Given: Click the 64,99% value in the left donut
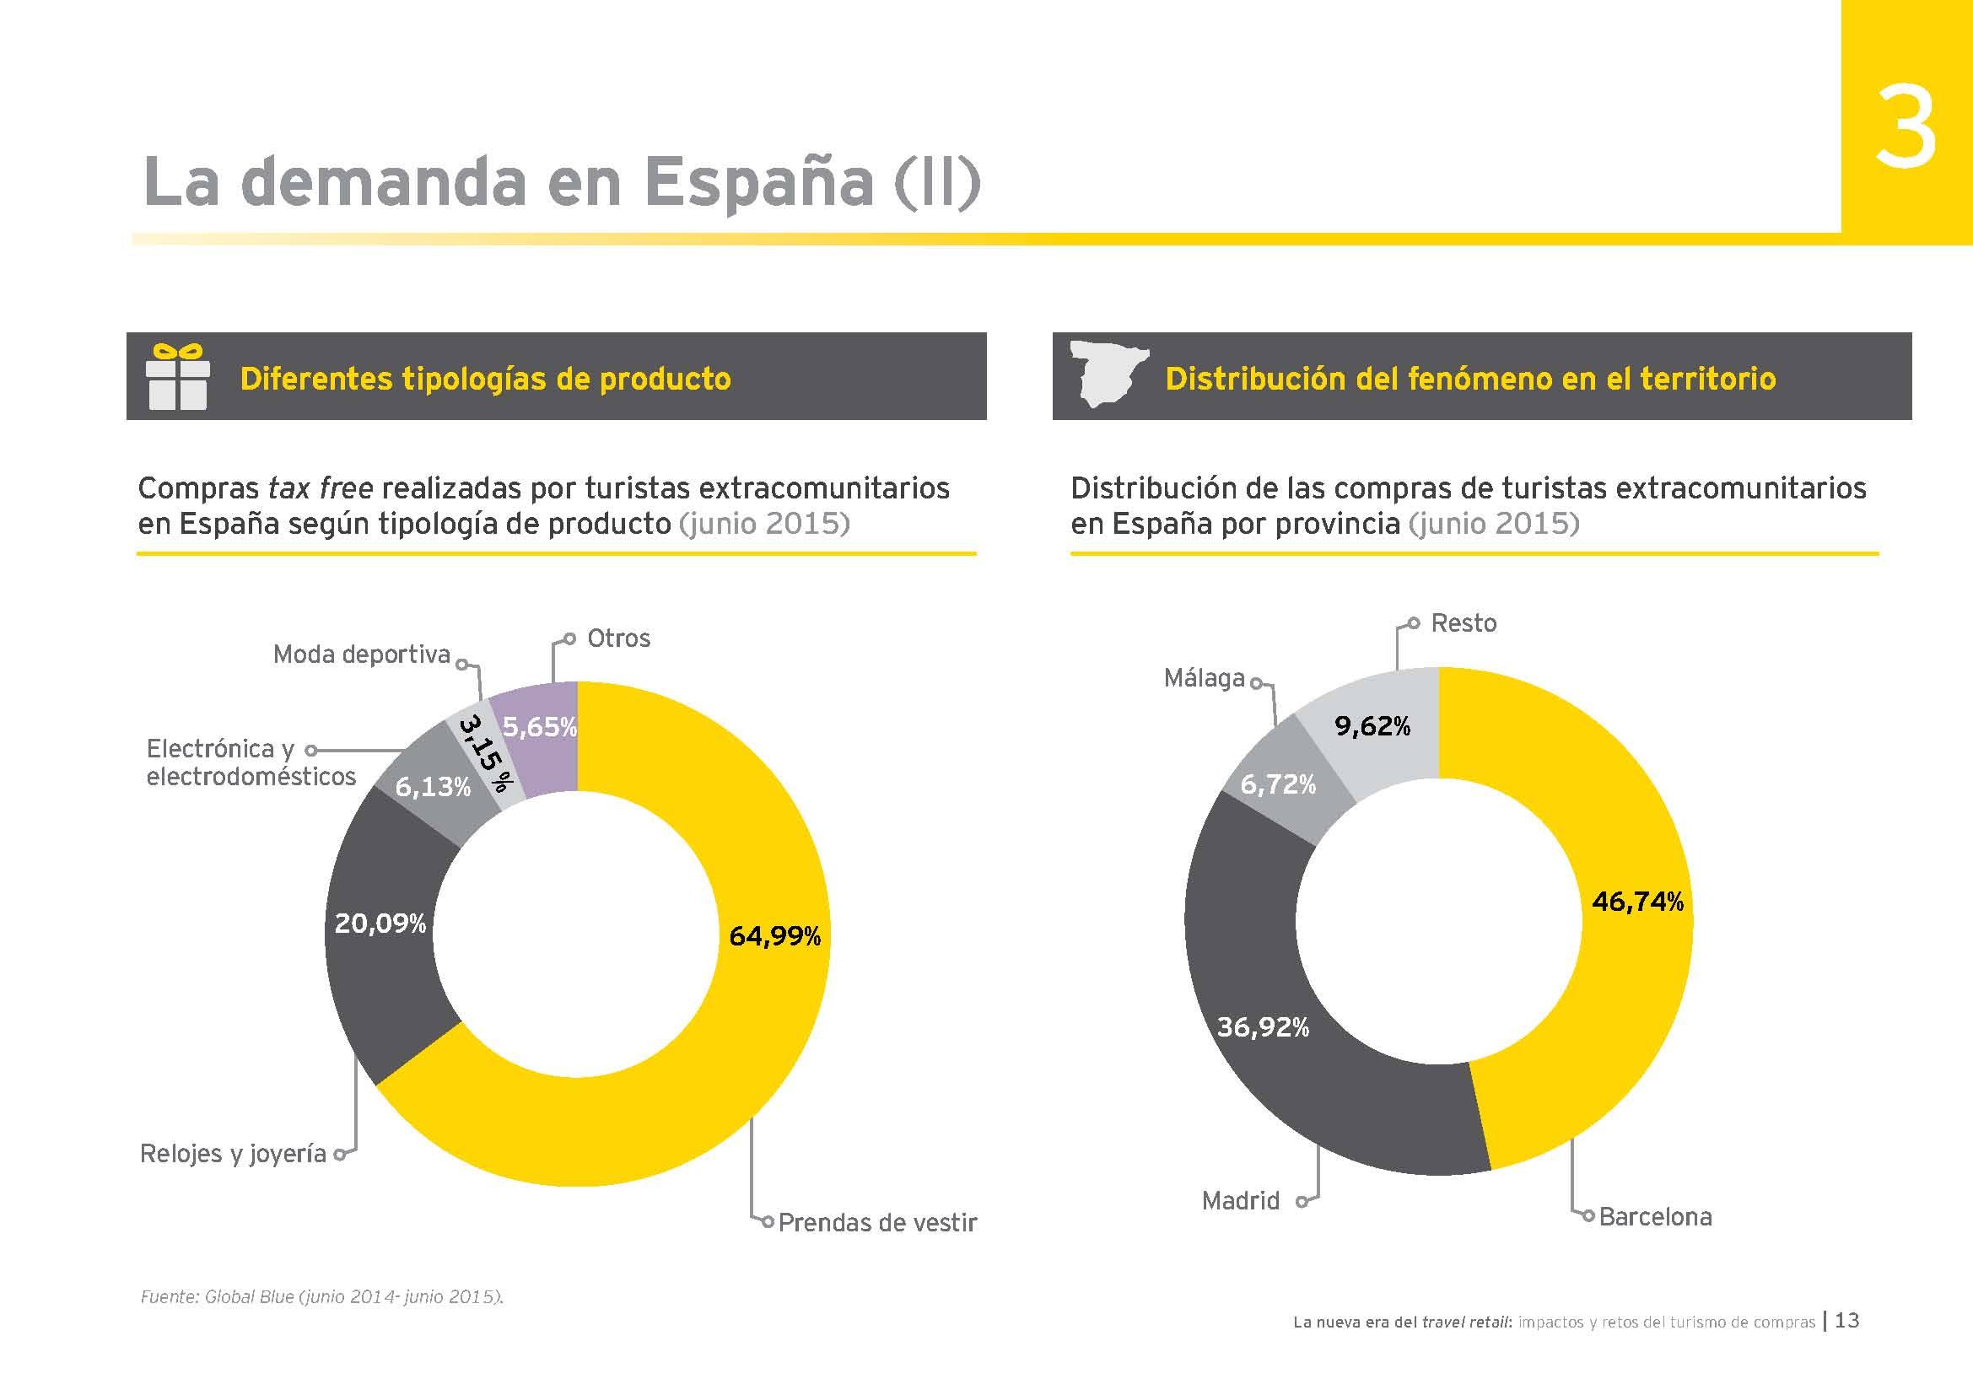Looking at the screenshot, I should coord(774,936).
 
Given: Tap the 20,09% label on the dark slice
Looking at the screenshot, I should coord(380,924).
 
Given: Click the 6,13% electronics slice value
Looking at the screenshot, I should coord(432,787).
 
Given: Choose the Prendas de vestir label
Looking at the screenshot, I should coord(877,1222).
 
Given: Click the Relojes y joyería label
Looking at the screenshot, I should coord(233,1154).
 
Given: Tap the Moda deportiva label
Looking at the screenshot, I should coord(362,654).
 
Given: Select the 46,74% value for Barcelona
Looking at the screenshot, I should coord(1637,902).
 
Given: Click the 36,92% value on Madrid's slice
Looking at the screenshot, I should coord(1263,1027).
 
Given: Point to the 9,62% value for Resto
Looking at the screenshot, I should coord(1372,728).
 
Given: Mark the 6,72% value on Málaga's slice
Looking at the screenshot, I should coord(1278,784).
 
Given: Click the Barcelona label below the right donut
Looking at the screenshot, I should coord(1655,1216).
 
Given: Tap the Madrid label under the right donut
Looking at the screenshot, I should coord(1241,1200).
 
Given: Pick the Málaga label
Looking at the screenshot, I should coord(1204,679).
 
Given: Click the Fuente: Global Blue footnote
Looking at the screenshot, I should coord(322,1297).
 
